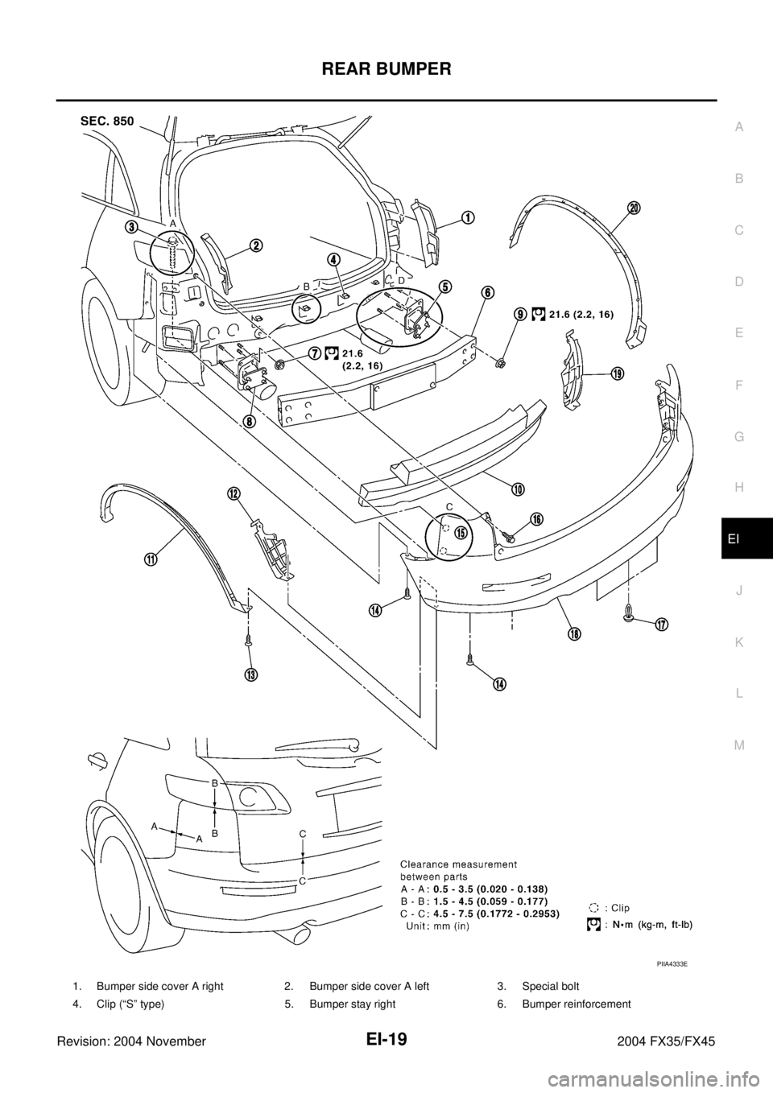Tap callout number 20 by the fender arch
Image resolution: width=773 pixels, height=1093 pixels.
tap(635, 208)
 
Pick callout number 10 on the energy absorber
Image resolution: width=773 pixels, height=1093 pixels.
tap(517, 489)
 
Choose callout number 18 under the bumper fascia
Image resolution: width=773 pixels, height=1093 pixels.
tap(573, 633)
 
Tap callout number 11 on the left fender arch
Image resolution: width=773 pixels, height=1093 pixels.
tap(151, 561)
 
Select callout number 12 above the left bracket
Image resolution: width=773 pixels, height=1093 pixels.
tap(234, 494)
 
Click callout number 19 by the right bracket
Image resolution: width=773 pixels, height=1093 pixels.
tap(617, 373)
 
